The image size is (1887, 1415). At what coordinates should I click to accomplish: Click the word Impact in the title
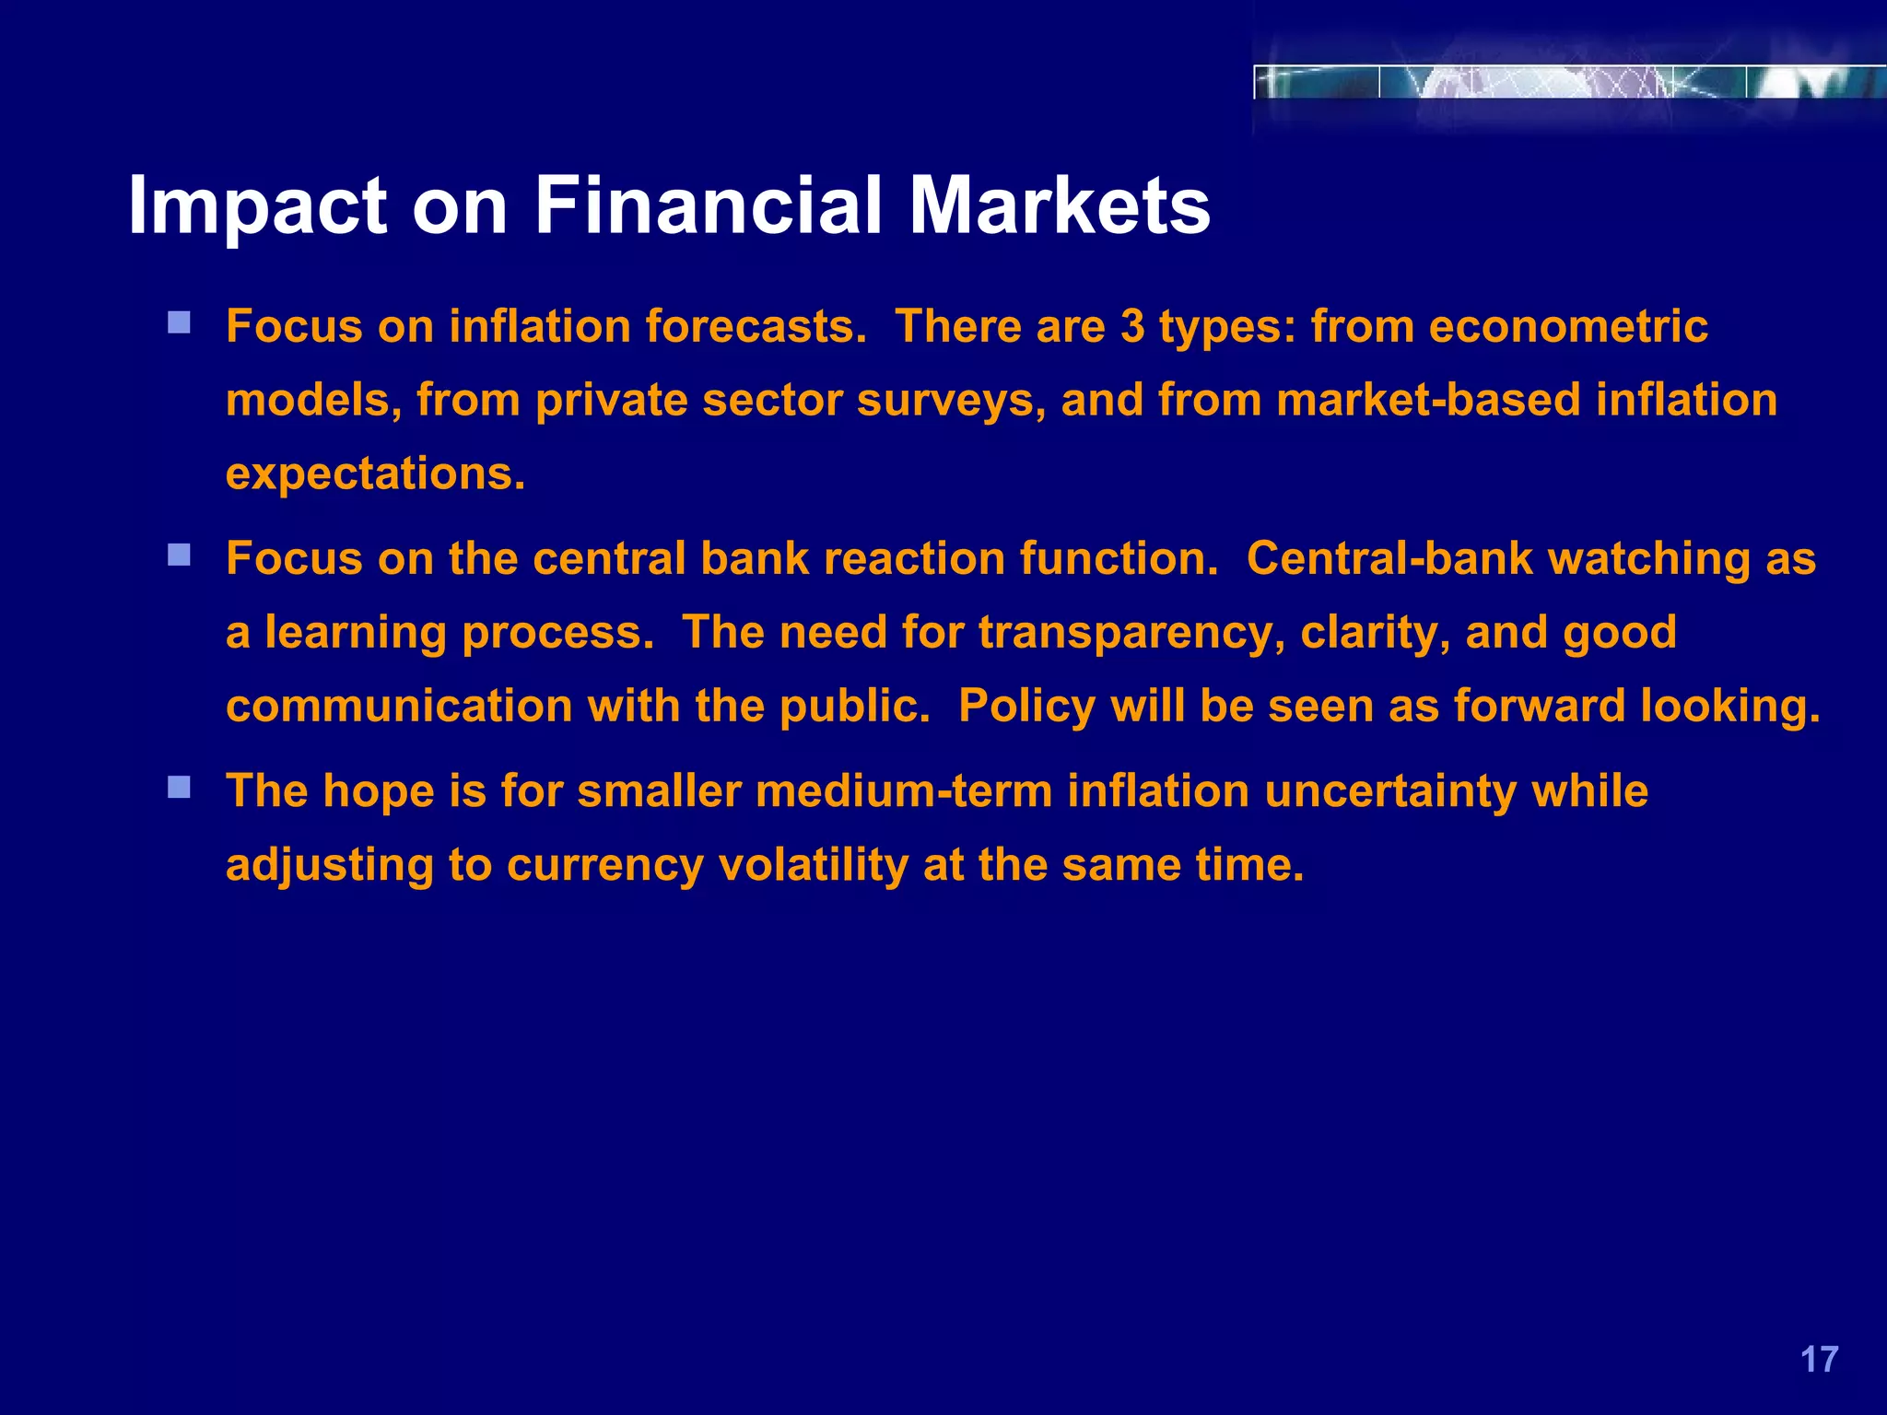[257, 206]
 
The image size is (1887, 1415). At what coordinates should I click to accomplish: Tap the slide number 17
[1819, 1360]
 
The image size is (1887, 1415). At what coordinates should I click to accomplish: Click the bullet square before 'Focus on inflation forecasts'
[179, 322]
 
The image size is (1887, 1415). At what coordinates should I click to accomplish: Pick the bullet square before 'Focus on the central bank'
[179, 555]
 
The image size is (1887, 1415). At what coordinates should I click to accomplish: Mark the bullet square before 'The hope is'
[179, 787]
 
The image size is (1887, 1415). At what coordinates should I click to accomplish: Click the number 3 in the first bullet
[1132, 327]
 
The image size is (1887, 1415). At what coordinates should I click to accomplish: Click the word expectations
[375, 475]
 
